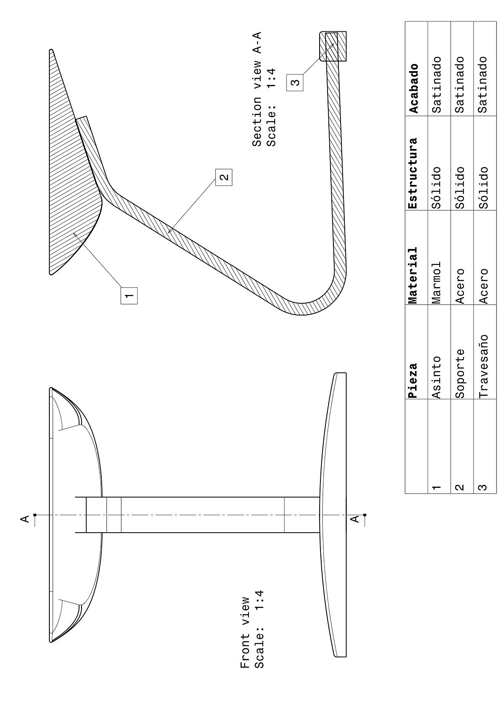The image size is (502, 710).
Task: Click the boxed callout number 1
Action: [129, 295]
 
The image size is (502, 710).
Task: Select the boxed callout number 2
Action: [224, 177]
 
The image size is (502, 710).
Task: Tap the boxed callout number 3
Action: [295, 82]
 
